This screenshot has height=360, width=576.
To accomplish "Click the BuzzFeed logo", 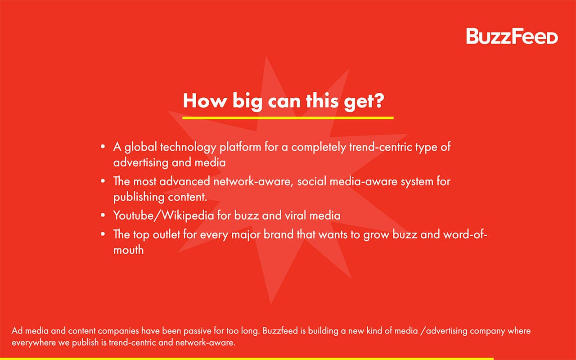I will (x=512, y=36).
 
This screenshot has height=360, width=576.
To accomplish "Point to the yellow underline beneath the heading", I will (x=288, y=118).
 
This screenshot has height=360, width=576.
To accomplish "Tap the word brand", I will (x=278, y=234).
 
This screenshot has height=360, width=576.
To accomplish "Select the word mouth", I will (x=129, y=250).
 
